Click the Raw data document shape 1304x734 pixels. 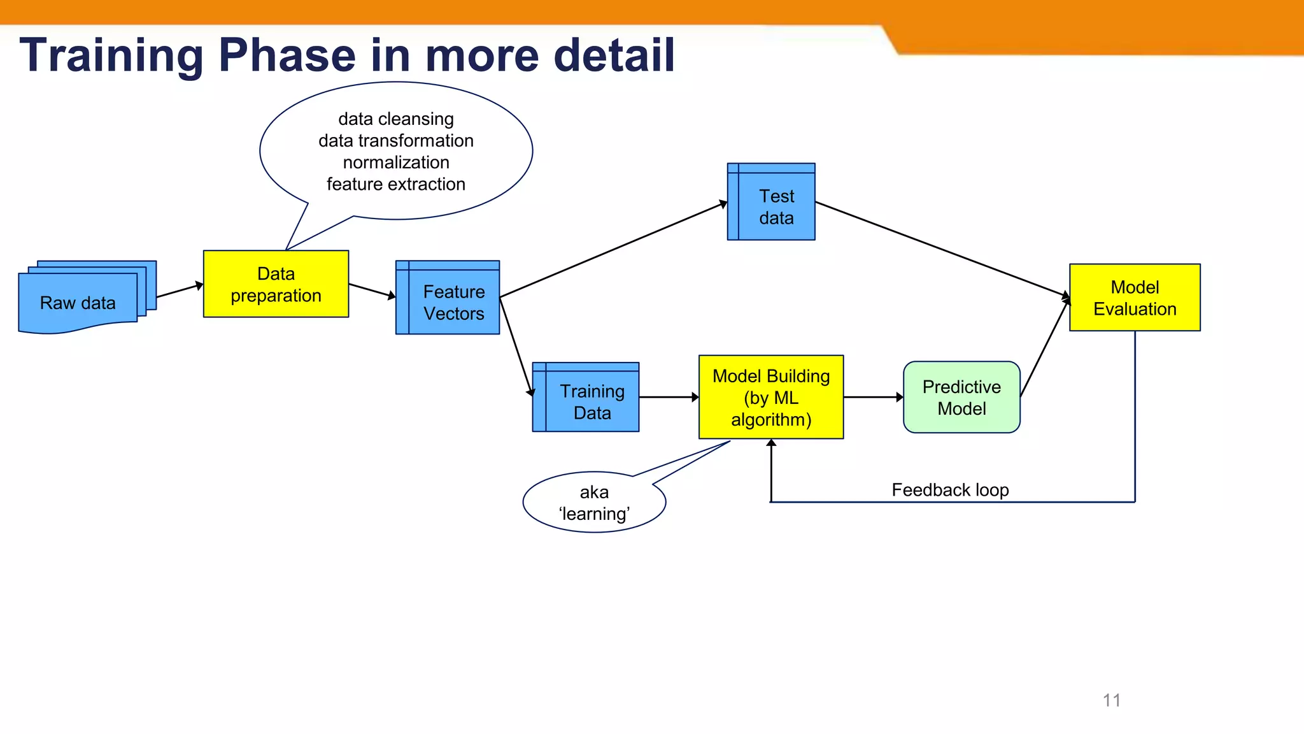(78, 302)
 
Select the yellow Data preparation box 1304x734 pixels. (276, 284)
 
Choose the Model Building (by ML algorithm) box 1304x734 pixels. (771, 397)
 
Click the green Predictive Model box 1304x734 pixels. (961, 398)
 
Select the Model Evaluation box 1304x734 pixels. (1135, 298)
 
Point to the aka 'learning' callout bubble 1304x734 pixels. (594, 503)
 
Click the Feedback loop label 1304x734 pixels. (950, 490)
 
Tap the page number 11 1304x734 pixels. (1112, 700)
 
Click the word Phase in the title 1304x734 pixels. (287, 55)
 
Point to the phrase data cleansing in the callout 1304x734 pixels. (396, 119)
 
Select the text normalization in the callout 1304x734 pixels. (396, 162)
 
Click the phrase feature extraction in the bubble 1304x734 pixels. (396, 184)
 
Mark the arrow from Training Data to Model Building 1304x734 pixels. (669, 397)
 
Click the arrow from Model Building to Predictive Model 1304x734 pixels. (873, 397)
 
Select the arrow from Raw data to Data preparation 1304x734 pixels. (180, 291)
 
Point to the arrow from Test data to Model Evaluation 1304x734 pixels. (942, 250)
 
